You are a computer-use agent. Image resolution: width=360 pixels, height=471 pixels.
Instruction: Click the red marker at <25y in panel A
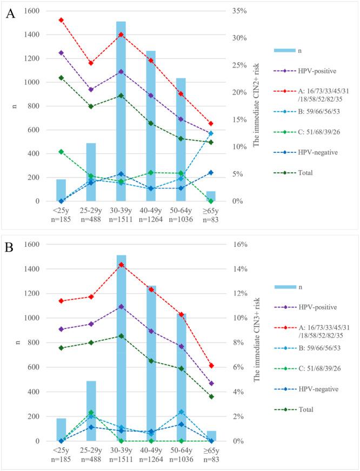point(61,20)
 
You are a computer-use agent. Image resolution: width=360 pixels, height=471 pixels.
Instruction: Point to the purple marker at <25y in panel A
point(61,53)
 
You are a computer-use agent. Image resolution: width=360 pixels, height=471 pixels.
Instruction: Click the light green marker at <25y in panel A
point(61,152)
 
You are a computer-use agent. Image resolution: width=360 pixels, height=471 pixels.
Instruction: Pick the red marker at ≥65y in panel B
point(211,366)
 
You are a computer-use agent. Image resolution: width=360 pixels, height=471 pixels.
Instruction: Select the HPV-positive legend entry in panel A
point(299,70)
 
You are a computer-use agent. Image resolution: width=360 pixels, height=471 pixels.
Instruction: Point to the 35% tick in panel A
point(232,11)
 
